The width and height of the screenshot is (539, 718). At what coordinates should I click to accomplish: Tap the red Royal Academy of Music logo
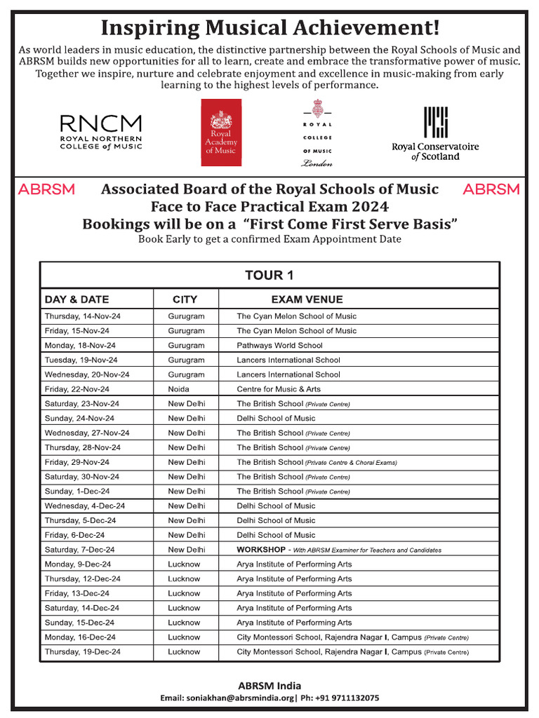[221, 133]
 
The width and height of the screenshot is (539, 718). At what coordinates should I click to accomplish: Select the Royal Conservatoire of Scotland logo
[435, 133]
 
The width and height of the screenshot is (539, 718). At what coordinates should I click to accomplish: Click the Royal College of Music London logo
[317, 133]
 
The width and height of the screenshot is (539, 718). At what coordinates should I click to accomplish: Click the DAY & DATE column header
[76, 299]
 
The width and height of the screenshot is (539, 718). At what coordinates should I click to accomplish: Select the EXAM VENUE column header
[306, 299]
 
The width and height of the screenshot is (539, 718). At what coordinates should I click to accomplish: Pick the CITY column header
[185, 299]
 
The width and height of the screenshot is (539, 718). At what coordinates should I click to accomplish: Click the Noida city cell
[178, 389]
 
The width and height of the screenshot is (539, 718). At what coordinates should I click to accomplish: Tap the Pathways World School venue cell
[279, 345]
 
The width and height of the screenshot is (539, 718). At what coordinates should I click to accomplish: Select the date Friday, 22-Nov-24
[77, 389]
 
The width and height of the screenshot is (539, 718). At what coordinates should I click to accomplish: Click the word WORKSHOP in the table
[260, 550]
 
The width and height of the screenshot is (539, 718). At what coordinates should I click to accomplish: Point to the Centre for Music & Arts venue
[279, 389]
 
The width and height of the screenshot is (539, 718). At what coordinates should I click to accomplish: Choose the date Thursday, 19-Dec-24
[82, 652]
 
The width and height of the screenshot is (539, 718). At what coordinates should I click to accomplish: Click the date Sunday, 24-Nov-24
[79, 418]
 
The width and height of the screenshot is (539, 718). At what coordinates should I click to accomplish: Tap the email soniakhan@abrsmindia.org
[227, 698]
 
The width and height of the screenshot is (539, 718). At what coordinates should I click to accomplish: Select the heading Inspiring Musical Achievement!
[269, 28]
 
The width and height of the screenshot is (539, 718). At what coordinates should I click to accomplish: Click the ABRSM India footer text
[269, 685]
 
